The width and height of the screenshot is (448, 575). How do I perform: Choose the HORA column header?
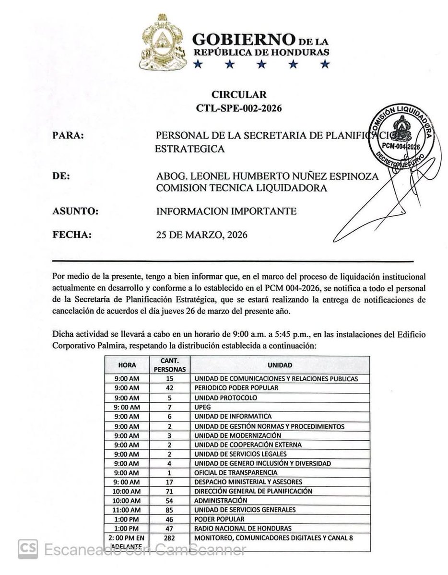[x=128, y=365]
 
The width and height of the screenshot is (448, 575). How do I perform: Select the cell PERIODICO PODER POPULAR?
[x=235, y=388]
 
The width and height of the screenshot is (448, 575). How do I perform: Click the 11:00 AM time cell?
[x=128, y=509]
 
